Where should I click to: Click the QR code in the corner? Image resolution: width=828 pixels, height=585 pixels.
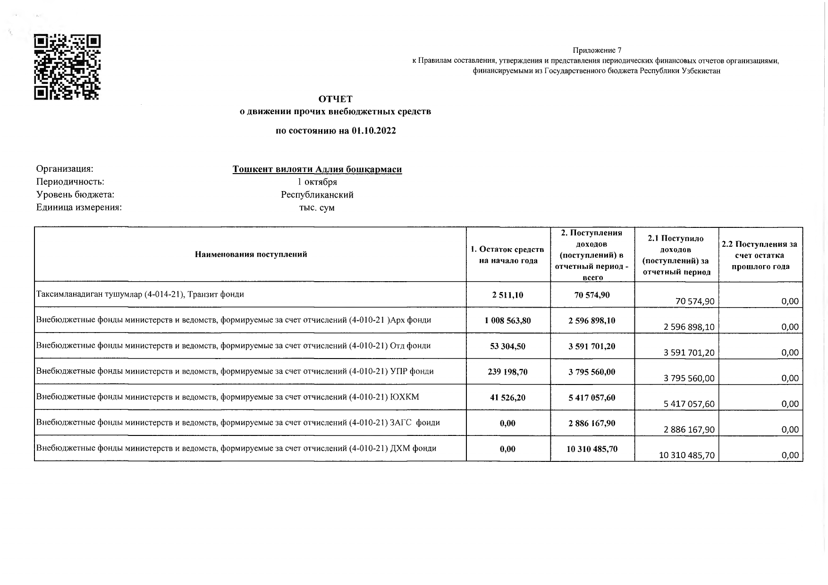pyautogui.click(x=68, y=67)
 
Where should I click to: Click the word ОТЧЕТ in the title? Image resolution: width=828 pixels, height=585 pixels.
pyautogui.click(x=335, y=99)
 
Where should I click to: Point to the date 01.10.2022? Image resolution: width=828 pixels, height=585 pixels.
pyautogui.click(x=373, y=131)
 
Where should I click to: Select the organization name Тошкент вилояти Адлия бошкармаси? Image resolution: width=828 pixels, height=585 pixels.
pyautogui.click(x=317, y=169)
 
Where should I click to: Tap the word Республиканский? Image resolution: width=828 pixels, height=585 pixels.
pyautogui.click(x=317, y=195)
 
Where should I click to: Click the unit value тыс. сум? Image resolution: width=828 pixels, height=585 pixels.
pyautogui.click(x=317, y=208)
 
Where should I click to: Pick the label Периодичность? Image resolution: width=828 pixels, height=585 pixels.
pyautogui.click(x=70, y=182)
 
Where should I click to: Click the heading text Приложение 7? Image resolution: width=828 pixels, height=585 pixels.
pyautogui.click(x=597, y=50)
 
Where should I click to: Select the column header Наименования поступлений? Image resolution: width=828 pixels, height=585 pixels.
pyautogui.click(x=251, y=254)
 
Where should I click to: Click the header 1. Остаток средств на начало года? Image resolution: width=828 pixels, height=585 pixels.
pyautogui.click(x=508, y=255)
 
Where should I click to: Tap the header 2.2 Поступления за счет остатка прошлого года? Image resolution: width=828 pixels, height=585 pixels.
pyautogui.click(x=760, y=255)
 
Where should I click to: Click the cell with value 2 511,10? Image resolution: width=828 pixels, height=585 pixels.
pyautogui.click(x=507, y=295)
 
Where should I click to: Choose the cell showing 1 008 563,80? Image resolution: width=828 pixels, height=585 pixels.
pyautogui.click(x=507, y=321)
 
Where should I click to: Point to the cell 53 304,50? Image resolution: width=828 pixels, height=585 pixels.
pyautogui.click(x=507, y=346)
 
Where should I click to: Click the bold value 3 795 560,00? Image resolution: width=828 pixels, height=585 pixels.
pyautogui.click(x=591, y=372)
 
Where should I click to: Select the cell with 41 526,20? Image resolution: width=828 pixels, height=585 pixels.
pyautogui.click(x=507, y=398)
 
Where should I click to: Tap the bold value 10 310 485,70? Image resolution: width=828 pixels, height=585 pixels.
pyautogui.click(x=591, y=449)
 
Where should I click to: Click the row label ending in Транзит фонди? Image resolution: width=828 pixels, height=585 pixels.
pyautogui.click(x=140, y=294)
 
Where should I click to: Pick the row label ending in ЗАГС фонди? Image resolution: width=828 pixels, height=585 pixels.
pyautogui.click(x=238, y=423)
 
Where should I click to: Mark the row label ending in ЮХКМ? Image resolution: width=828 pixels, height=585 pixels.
pyautogui.click(x=228, y=397)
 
